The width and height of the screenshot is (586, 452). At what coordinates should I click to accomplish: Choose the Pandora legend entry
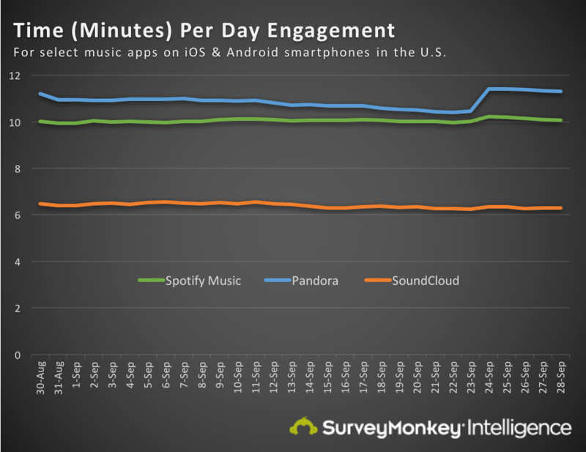click(x=313, y=280)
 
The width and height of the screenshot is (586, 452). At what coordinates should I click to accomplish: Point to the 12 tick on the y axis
click(x=16, y=75)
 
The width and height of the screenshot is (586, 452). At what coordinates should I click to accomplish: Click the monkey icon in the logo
click(x=303, y=426)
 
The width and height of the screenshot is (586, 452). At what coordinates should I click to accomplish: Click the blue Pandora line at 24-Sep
click(x=489, y=89)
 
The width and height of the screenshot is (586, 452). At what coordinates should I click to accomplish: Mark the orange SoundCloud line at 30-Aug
click(x=42, y=204)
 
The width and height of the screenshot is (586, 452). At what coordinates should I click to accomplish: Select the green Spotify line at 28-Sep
click(x=560, y=120)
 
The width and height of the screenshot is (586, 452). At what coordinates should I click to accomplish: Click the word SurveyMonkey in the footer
click(x=389, y=426)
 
